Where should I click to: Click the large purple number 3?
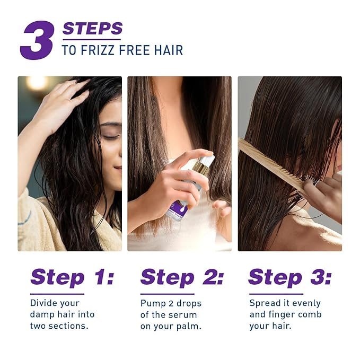coord(37,40)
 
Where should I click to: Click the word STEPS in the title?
coord(92,29)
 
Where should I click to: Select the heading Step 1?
coord(72,277)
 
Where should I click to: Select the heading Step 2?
coord(182,277)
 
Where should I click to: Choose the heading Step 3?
coord(289,277)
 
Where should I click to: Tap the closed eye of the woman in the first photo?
coord(110,137)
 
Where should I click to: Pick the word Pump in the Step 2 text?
coord(152,303)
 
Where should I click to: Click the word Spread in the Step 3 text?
coord(265,303)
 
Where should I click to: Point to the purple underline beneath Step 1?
coord(57,293)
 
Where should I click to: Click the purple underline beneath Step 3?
coord(276,293)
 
